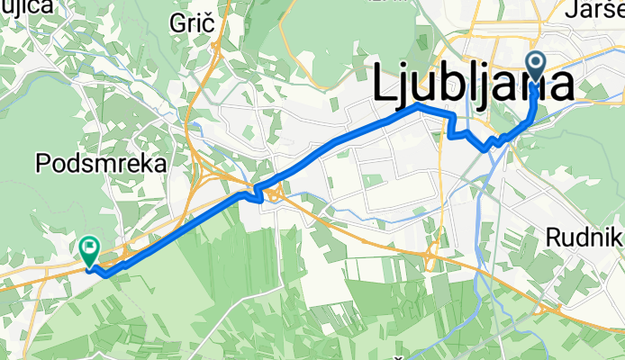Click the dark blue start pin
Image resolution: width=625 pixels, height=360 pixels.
pos(535,67)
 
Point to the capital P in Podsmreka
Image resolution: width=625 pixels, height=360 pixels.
pos(41,164)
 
